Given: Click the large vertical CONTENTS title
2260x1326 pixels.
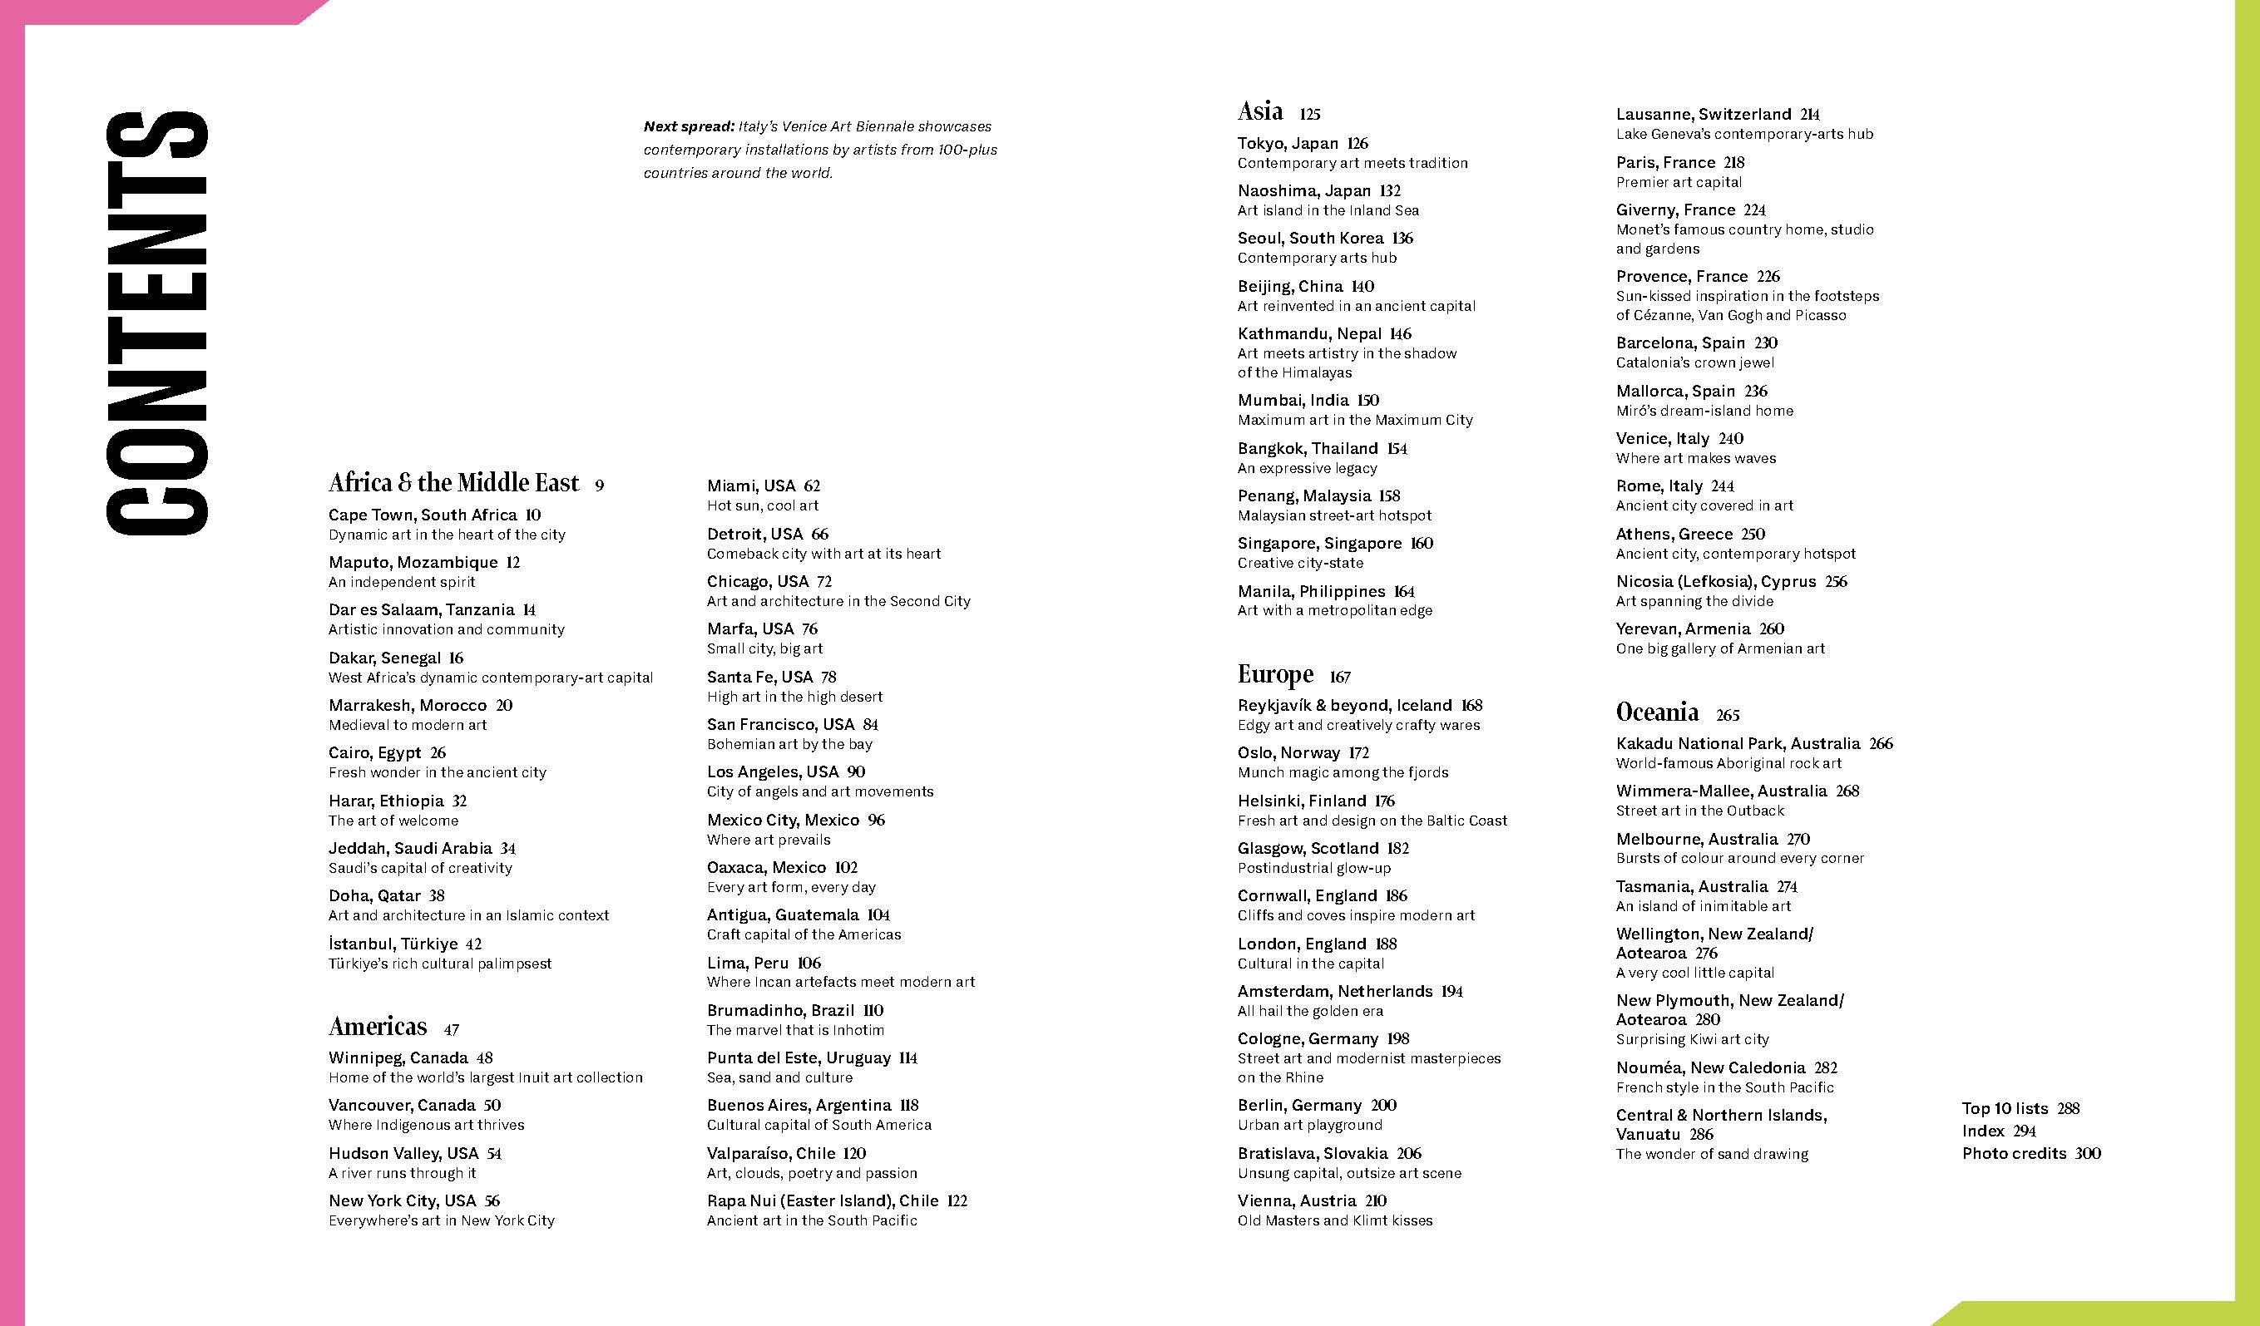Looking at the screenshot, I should click(157, 323).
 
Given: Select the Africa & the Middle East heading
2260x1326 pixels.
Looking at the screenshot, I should click(454, 483).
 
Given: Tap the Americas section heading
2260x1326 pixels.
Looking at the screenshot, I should click(378, 1027).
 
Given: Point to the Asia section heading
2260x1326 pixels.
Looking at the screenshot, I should click(1260, 112).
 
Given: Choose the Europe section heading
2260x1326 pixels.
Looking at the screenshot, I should click(1275, 674).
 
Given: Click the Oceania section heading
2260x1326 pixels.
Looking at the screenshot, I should click(1656, 712).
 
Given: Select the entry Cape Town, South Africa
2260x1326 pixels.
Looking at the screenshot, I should click(423, 515).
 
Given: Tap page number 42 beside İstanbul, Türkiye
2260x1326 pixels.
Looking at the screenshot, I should click(473, 944).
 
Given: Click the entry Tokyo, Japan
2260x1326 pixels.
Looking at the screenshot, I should click(1288, 144).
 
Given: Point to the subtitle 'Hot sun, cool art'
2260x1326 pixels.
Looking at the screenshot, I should click(762, 505).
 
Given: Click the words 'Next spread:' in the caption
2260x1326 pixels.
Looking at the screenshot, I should click(689, 127).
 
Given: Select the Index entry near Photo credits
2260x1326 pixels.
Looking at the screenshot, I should click(1982, 1131).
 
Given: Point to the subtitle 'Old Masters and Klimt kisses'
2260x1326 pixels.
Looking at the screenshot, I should click(1334, 1221).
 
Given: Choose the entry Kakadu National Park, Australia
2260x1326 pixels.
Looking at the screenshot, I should click(1737, 744).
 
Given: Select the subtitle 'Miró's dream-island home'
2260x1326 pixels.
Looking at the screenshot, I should click(1704, 412).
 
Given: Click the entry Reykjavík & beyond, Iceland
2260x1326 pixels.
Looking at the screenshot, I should click(1344, 707).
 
